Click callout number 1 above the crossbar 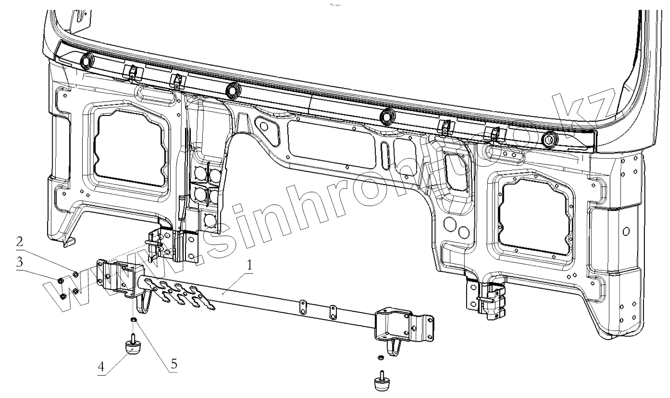[x=248, y=265]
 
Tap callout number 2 [x=19, y=242]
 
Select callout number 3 [x=19, y=262]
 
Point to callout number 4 [x=101, y=367]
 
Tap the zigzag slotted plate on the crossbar [x=182, y=294]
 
